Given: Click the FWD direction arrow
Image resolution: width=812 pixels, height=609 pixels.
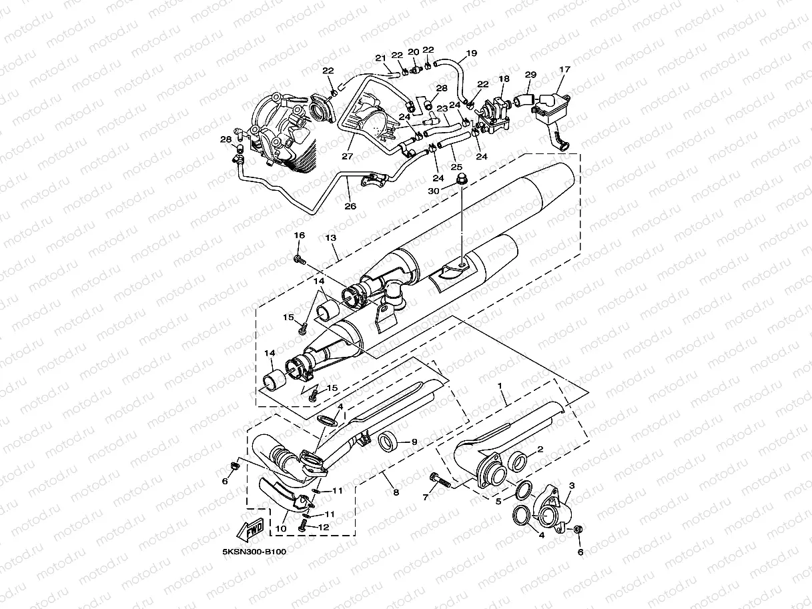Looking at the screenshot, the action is (250, 530).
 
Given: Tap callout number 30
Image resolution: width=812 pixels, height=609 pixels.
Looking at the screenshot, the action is (434, 191).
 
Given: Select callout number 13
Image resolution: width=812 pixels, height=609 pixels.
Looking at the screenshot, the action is (332, 238).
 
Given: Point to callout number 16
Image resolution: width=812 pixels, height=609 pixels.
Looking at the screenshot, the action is (300, 235).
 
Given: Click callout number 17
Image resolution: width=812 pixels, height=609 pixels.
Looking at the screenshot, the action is (564, 69).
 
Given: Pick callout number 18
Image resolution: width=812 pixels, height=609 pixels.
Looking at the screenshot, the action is (504, 79).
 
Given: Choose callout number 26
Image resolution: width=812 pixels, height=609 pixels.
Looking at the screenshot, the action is (350, 206).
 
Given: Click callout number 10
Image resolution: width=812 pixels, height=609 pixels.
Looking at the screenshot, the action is (280, 529).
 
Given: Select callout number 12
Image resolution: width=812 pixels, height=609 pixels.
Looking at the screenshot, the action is (324, 527).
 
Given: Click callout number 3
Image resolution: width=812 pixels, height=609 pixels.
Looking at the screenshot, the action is (572, 486).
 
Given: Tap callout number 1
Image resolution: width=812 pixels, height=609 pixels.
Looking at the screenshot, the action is (498, 386).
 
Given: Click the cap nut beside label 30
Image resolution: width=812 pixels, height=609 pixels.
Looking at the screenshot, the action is (461, 180).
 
